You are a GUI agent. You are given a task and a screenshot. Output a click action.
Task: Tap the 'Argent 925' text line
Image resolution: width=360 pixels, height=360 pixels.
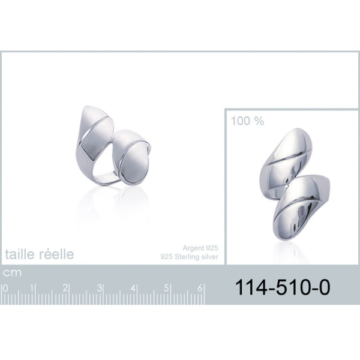point(200,248)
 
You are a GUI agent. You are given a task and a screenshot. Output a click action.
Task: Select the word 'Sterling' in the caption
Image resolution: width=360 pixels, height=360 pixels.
point(186,257)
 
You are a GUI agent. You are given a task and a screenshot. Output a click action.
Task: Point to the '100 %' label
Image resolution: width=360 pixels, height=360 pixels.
point(247,121)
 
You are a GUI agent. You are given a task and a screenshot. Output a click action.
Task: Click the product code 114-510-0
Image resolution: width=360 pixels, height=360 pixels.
point(283,287)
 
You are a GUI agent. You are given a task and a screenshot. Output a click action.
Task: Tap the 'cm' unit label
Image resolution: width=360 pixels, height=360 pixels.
point(12,272)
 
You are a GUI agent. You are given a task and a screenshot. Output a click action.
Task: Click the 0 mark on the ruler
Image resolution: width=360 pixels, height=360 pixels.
point(5,289)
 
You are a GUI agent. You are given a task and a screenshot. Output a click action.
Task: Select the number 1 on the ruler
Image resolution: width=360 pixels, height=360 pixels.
point(32,288)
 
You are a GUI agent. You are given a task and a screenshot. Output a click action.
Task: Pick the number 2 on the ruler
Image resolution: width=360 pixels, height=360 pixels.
point(65,288)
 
